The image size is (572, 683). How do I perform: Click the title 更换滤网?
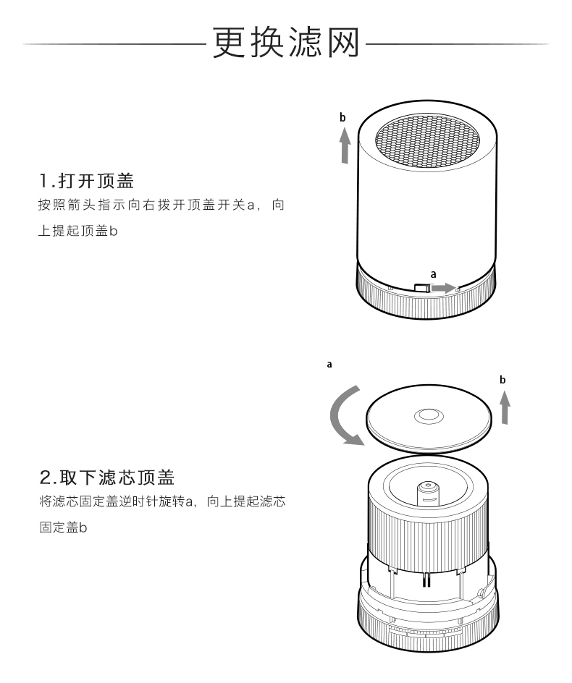coord(286,43)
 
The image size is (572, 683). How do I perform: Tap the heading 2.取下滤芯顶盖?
coord(107,478)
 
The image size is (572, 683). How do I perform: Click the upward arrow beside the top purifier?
coord(346,145)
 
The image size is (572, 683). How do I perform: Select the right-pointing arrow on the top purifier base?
coord(443,288)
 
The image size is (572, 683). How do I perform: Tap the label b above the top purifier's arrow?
coord(343,117)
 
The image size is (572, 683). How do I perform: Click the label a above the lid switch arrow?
coord(433,274)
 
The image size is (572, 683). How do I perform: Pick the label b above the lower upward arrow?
coord(502,379)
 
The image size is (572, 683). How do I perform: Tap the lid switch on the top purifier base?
coord(421,288)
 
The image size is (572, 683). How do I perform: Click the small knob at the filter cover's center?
coord(426,416)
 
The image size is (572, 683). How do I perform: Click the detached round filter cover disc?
coord(427,423)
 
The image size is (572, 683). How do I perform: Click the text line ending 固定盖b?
coord(63,529)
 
